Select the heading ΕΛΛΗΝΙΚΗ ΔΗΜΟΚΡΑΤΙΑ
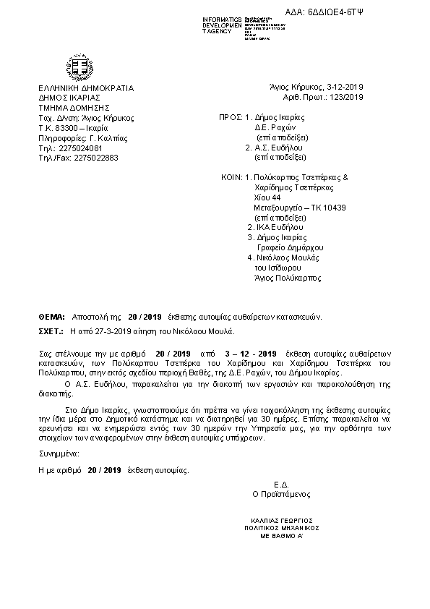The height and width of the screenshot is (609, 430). [87, 88]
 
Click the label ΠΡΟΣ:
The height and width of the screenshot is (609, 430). [231, 116]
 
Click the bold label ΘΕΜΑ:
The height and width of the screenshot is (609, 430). [51, 317]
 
